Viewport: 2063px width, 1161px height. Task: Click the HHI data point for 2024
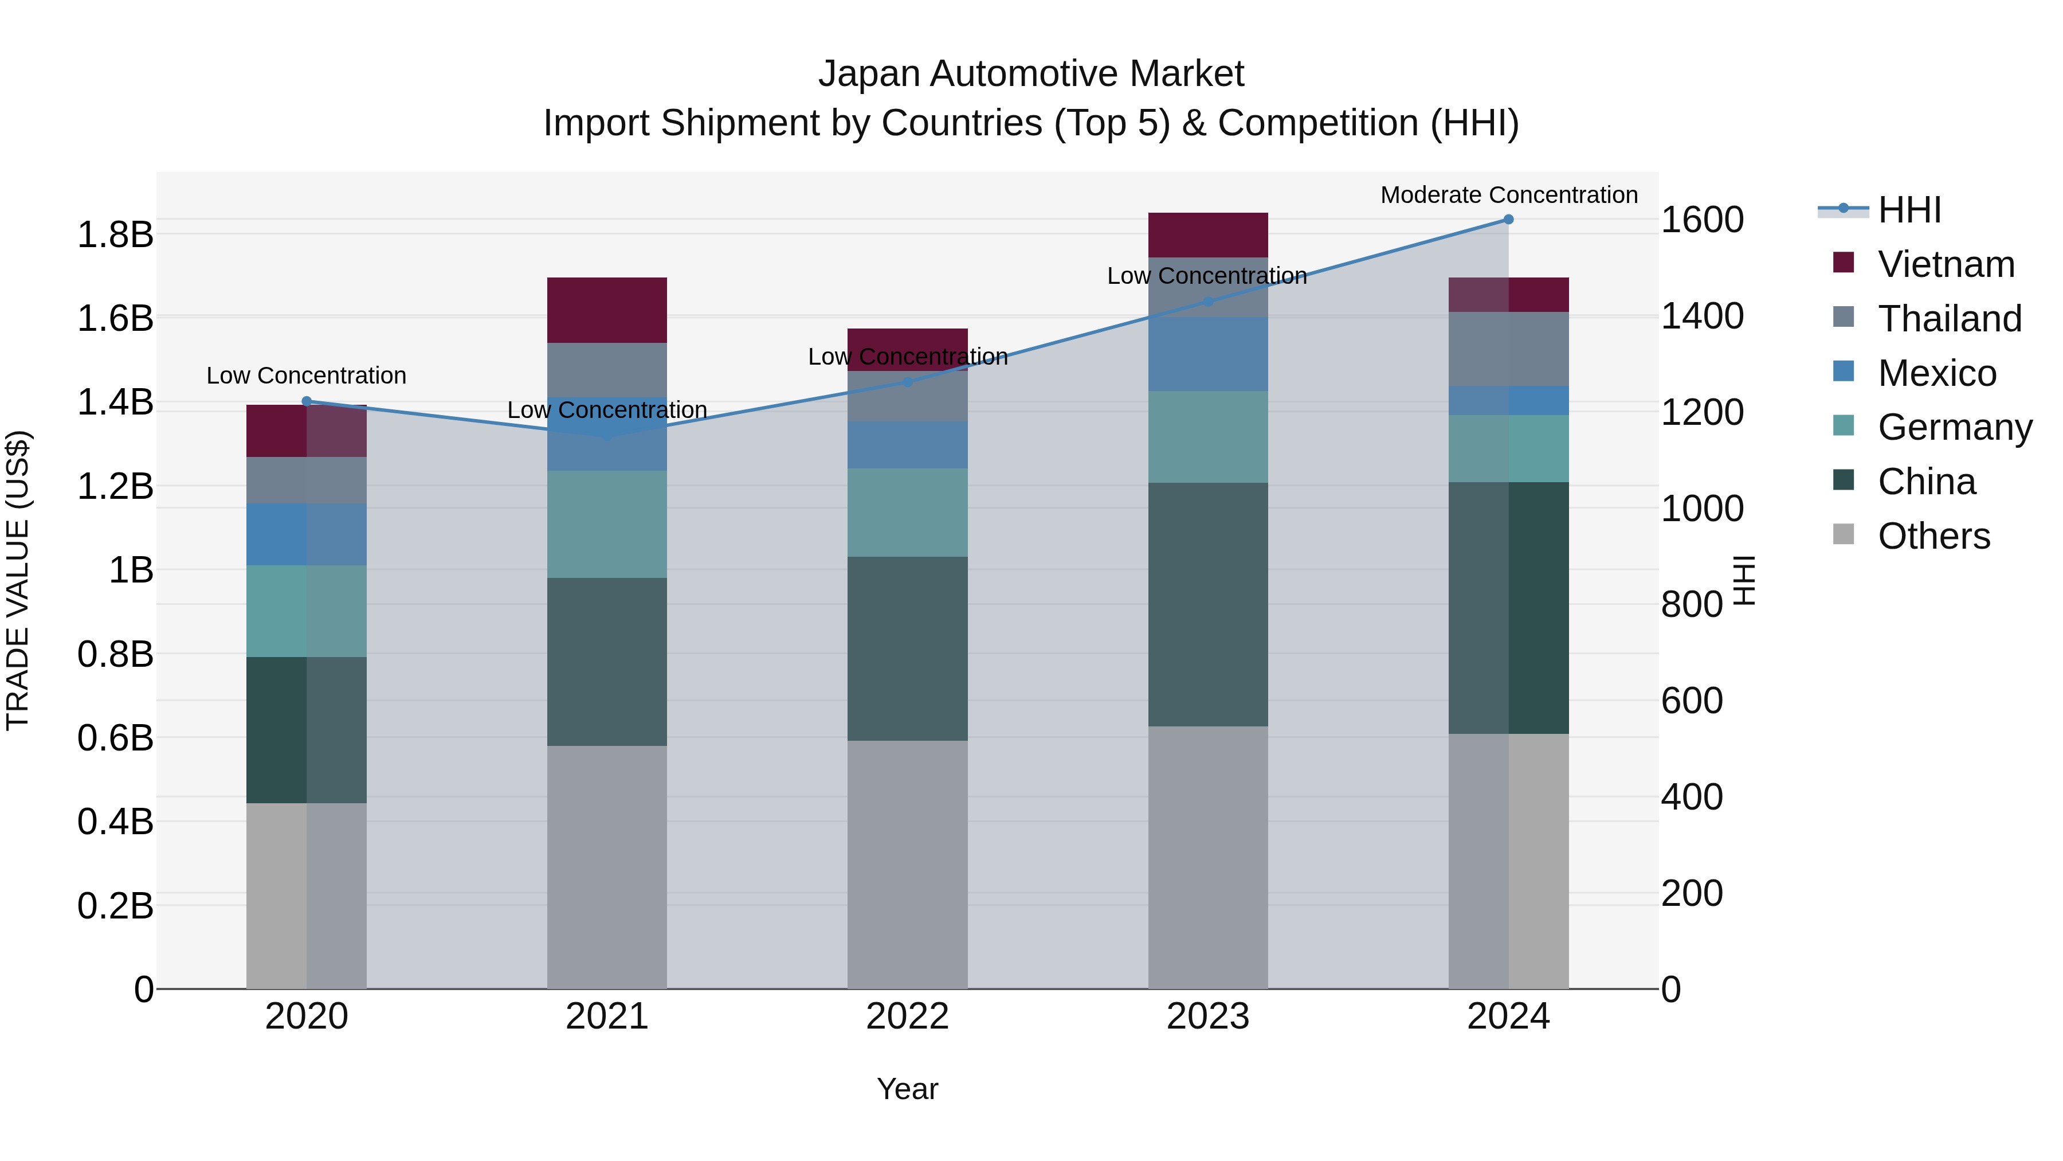pos(1508,220)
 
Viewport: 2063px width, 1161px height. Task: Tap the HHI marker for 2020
pos(307,401)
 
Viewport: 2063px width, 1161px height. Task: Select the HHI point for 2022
pos(907,382)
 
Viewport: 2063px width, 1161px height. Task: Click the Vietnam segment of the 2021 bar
pos(607,310)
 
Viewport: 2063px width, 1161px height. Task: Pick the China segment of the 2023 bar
pos(1207,604)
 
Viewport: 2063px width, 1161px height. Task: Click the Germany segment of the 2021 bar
pos(607,524)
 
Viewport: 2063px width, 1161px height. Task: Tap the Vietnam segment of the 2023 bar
pos(1207,234)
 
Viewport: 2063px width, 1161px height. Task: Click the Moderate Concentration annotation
pos(1509,195)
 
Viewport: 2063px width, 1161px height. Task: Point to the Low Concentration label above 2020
pos(307,376)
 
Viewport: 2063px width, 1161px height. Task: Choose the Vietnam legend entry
pos(1946,264)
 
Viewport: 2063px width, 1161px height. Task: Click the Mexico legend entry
pos(1936,373)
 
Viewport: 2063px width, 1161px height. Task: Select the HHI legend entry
pos(1909,210)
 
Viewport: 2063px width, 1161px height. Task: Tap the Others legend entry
pos(1933,536)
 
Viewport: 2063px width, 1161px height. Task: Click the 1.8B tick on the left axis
pos(115,234)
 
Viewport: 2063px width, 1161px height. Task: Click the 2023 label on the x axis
pos(1207,1017)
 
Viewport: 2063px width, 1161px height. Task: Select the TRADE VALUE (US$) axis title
pos(18,580)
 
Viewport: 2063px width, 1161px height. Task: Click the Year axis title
pos(907,1089)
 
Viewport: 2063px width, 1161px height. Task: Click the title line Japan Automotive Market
pos(1031,74)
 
